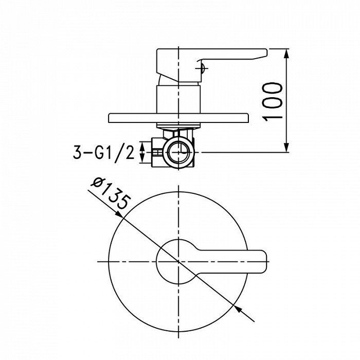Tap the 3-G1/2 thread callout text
(104, 152)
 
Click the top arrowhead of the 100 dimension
(286, 53)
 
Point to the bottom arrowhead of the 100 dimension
(286, 148)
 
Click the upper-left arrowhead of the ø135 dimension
(119, 214)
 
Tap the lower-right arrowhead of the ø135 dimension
(238, 309)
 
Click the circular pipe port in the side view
(178, 152)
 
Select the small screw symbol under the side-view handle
(202, 68)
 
